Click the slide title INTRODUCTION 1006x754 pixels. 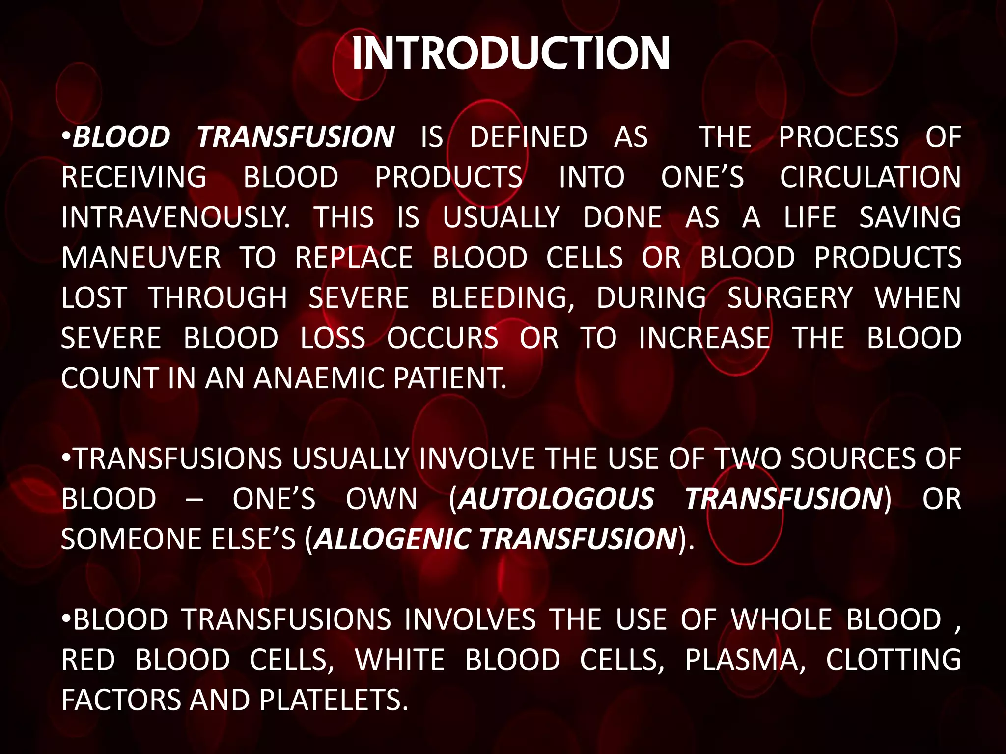[511, 54]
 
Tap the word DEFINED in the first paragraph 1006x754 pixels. [529, 137]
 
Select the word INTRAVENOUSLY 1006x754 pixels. [175, 217]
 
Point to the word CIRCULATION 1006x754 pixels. [870, 177]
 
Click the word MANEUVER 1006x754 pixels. [141, 258]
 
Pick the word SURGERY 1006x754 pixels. [790, 298]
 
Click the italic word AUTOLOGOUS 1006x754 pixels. [557, 499]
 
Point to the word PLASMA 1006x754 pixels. [745, 660]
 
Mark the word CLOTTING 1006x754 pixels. [893, 660]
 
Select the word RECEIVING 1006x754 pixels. [134, 177]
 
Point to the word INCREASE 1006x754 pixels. [704, 338]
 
